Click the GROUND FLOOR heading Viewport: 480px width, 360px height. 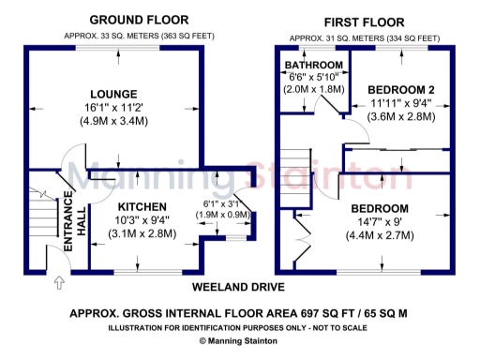click(x=138, y=20)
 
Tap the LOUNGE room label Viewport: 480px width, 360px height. click(x=114, y=95)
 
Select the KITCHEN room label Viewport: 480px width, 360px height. click(x=142, y=207)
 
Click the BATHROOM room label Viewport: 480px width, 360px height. click(x=314, y=65)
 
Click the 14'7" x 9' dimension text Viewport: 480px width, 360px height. click(x=380, y=222)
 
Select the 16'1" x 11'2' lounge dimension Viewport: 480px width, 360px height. click(x=114, y=108)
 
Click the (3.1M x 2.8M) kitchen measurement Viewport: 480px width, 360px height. click(x=142, y=233)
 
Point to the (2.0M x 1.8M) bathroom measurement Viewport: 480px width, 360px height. click(x=314, y=90)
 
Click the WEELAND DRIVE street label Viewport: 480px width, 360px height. click(x=238, y=287)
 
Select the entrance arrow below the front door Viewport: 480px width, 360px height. click(x=60, y=279)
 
